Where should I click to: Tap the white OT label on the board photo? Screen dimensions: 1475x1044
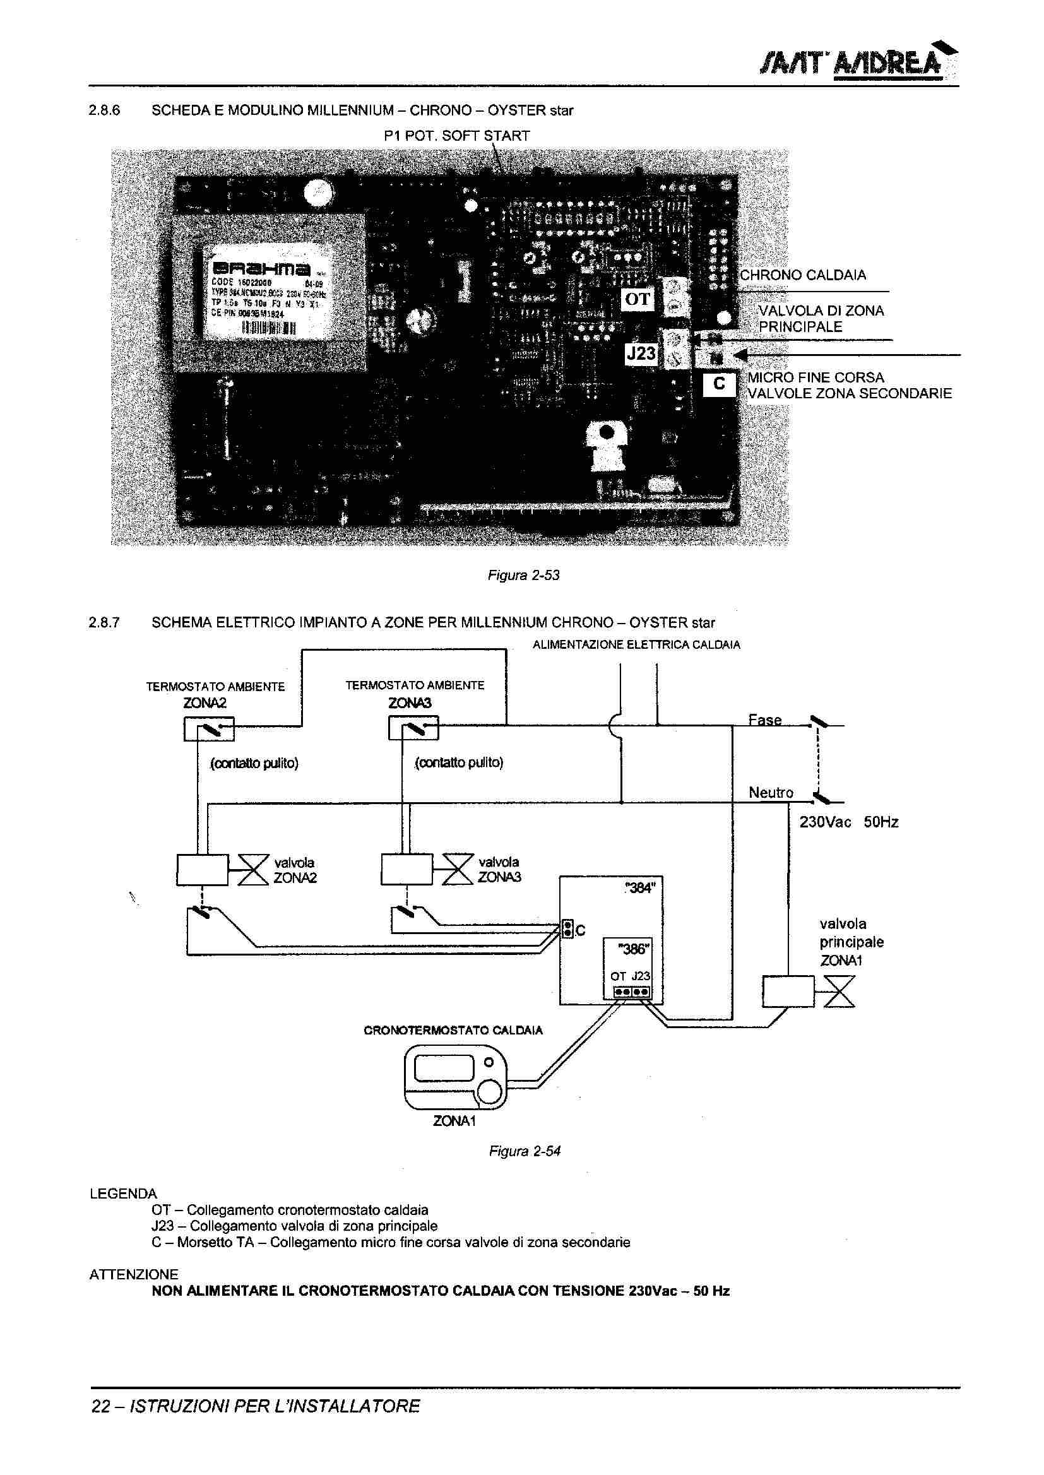coord(637,299)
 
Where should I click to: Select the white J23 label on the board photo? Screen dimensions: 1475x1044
coord(641,353)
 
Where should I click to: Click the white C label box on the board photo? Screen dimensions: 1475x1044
coord(719,384)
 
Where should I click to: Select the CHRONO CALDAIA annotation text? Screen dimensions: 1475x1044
coord(802,275)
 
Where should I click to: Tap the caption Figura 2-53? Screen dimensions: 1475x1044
coord(523,575)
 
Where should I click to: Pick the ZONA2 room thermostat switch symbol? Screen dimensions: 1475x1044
coord(209,729)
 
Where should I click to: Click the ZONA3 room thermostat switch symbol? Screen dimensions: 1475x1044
coord(413,729)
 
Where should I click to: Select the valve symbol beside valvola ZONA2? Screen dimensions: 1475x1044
coord(252,870)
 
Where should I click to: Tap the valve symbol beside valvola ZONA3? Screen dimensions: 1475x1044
coord(457,870)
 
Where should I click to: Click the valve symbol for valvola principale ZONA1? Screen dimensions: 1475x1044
coord(839,991)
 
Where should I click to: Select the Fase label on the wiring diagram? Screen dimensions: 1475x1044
coord(764,720)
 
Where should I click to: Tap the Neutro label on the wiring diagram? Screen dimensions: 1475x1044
coord(770,793)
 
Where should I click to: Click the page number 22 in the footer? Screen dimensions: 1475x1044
coord(100,1407)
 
